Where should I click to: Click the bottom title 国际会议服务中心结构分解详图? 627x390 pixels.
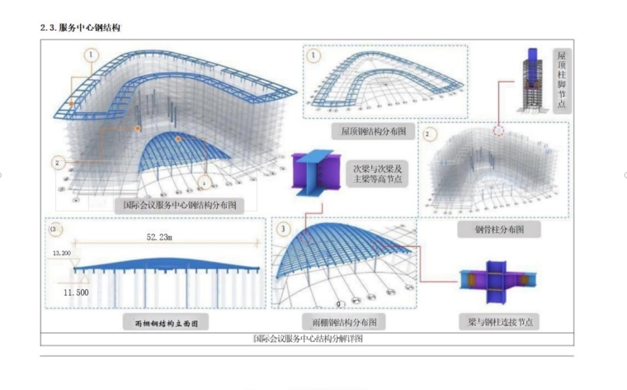coord(308,339)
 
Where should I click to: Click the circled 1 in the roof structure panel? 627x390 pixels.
coord(313,55)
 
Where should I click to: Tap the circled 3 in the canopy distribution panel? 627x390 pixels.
coord(283,228)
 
